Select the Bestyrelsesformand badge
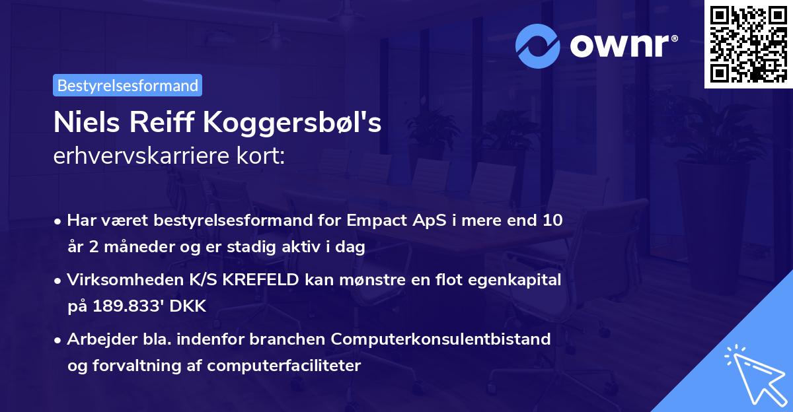[128, 85]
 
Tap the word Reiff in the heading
[173, 123]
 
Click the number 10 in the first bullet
[552, 220]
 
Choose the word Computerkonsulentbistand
[441, 339]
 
